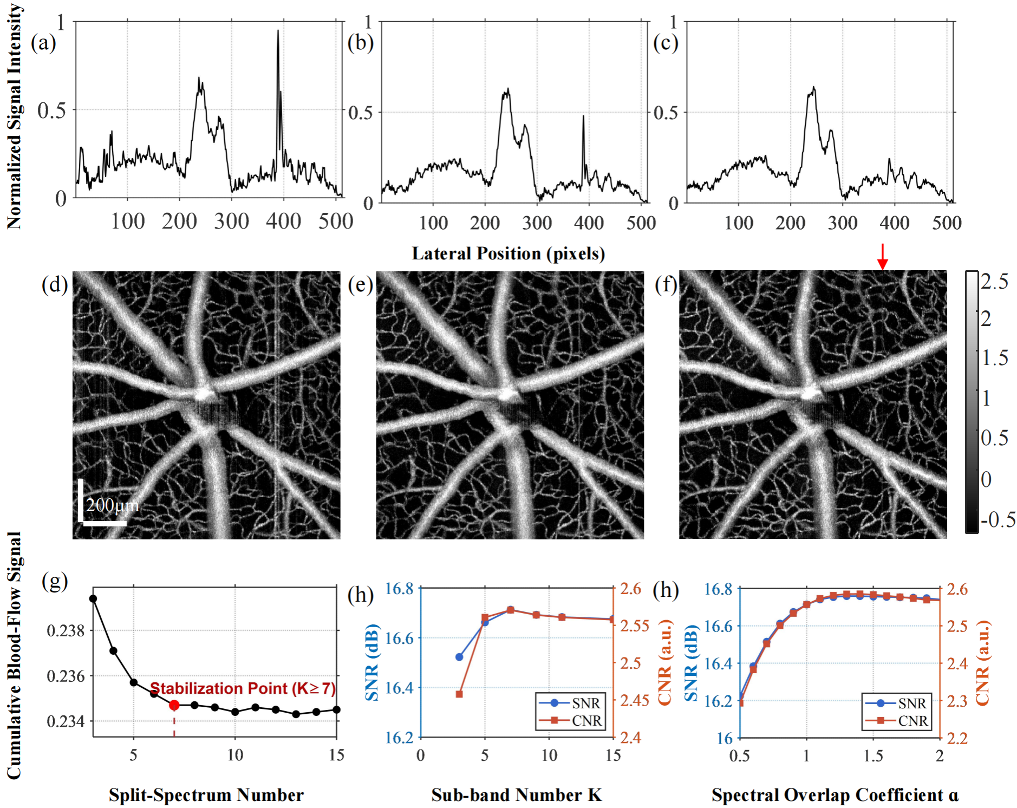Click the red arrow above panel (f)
pyautogui.click(x=882, y=256)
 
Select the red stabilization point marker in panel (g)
pyautogui.click(x=174, y=705)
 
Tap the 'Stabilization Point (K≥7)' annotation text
pyautogui.click(x=243, y=688)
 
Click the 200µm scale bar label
pyautogui.click(x=112, y=505)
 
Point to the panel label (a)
pyautogui.click(x=43, y=43)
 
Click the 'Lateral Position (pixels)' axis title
pyautogui.click(x=508, y=253)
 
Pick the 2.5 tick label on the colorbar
pyautogui.click(x=994, y=282)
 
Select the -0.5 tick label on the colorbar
pyautogui.click(x=998, y=520)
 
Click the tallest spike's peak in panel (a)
pyautogui.click(x=278, y=31)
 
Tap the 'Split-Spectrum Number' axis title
pyautogui.click(x=206, y=794)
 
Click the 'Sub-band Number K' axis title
pyautogui.click(x=516, y=794)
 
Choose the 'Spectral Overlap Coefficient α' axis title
pyautogui.click(x=835, y=794)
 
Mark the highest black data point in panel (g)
pyautogui.click(x=93, y=598)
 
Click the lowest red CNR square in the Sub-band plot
pyautogui.click(x=459, y=694)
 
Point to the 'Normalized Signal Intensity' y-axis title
pyautogui.click(x=14, y=116)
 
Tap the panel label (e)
pyautogui.click(x=361, y=285)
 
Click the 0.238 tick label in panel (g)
pyautogui.click(x=66, y=631)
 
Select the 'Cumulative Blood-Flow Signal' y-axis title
pyautogui.click(x=14, y=655)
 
